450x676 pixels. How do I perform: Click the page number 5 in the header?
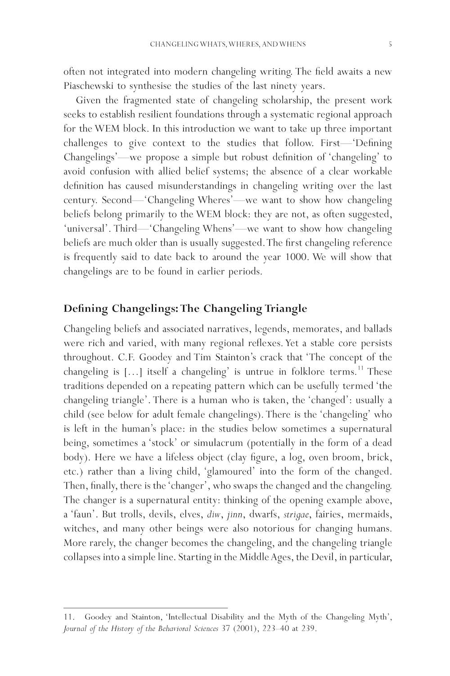point(390,44)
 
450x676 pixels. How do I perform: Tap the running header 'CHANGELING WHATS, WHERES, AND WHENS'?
point(228,44)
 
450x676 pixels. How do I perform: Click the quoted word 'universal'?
point(86,228)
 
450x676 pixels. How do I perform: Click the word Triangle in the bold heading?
point(286,309)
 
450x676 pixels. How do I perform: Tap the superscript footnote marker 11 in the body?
point(360,369)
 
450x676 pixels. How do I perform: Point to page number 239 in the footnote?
point(308,629)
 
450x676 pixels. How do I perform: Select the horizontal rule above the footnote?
point(145,608)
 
